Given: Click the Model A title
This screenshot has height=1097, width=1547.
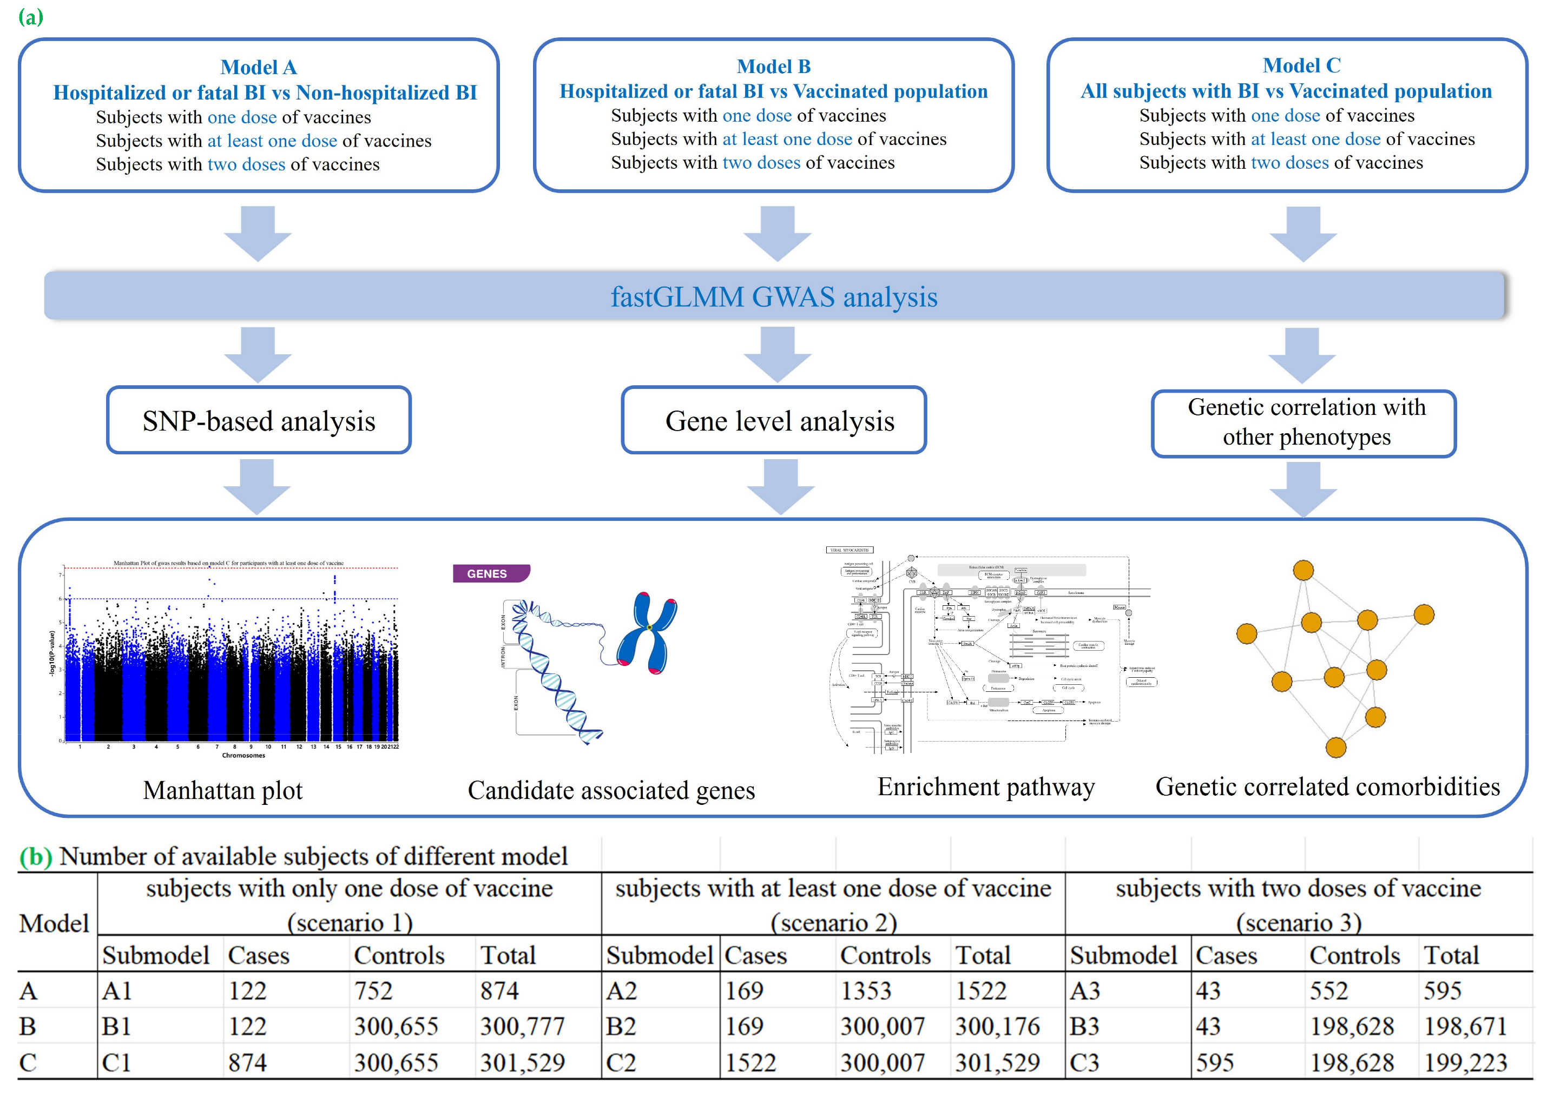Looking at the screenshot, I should coord(258,67).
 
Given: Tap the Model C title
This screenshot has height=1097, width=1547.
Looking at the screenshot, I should coord(1301,65).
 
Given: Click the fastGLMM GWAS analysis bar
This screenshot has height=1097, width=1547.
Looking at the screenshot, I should coord(774,296).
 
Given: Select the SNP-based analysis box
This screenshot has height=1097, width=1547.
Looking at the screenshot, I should coord(259,421).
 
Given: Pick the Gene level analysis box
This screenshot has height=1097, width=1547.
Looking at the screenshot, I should coord(774,421).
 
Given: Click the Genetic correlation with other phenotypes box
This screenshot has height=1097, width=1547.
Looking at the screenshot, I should coord(1304,423).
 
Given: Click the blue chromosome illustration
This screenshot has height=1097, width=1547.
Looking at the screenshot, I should coord(647,632).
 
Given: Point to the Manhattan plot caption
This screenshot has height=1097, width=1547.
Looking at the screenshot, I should coord(222,790).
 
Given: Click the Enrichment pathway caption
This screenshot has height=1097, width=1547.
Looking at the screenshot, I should coord(986,787).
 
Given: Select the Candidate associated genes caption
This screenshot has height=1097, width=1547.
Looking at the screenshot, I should coord(611,790).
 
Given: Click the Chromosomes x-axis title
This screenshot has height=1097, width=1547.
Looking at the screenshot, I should coord(243,755).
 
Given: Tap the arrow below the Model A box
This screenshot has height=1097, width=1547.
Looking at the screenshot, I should coord(258,234).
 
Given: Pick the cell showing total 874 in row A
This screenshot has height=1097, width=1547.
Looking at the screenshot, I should coord(499,991).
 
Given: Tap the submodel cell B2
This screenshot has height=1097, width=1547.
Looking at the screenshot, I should coord(621,1027).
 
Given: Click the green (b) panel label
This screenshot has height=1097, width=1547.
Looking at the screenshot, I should coord(35,856).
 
